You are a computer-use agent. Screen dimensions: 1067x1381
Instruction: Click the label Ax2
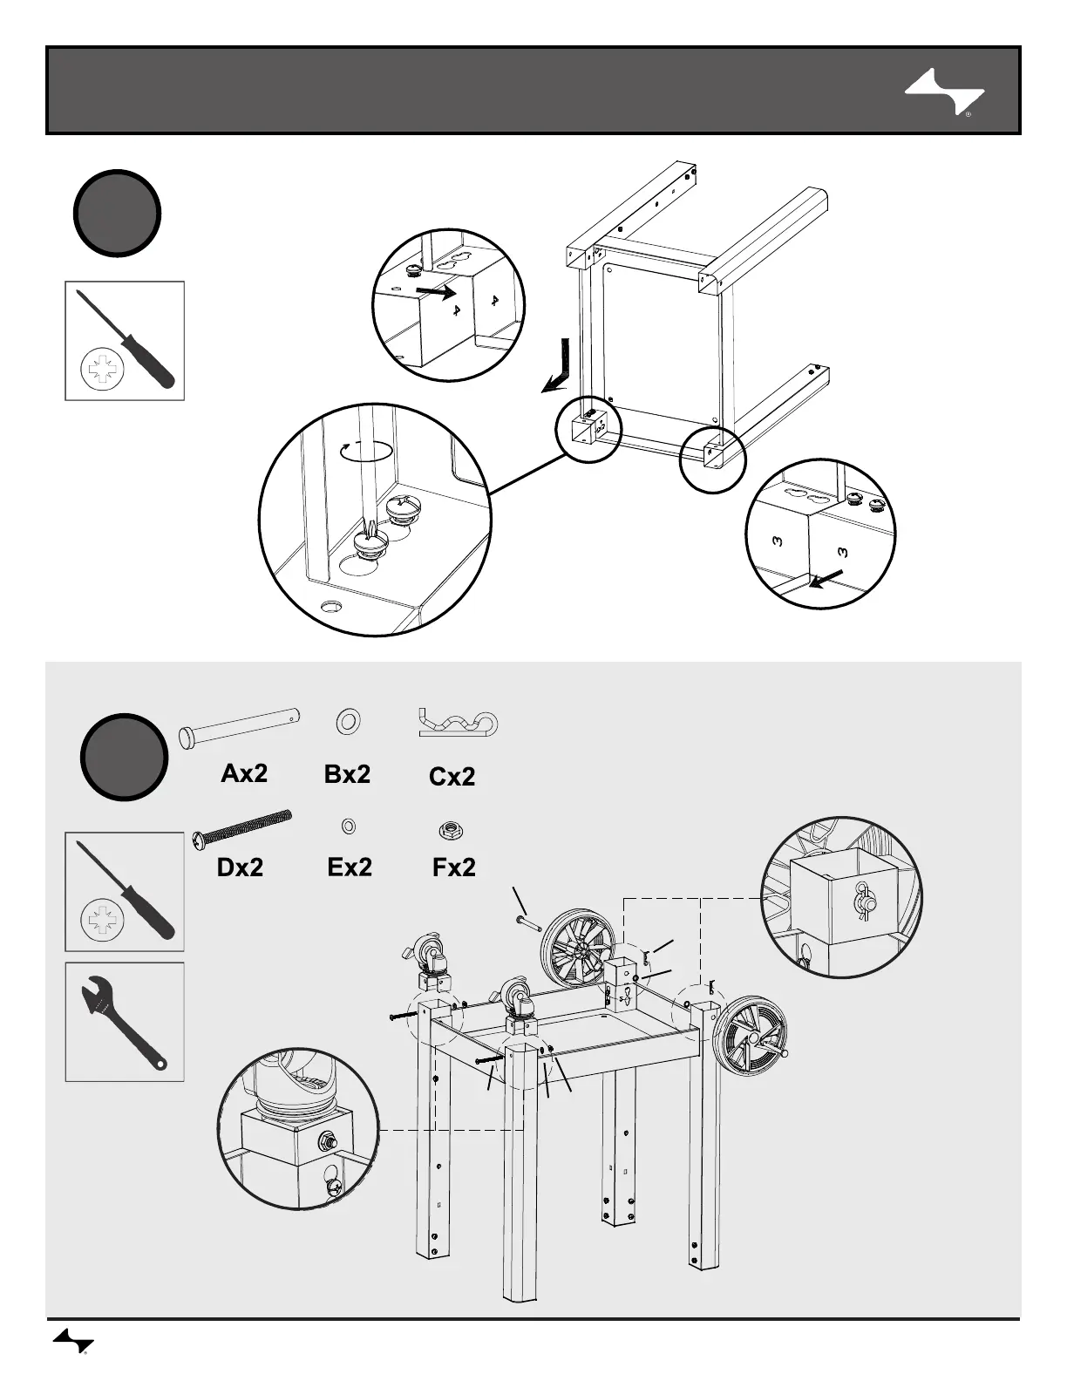[x=244, y=773]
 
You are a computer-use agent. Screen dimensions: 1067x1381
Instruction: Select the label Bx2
[x=347, y=773]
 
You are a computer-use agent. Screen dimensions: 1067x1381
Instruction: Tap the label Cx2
[x=452, y=776]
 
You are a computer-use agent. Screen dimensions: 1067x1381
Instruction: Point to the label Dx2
[x=240, y=867]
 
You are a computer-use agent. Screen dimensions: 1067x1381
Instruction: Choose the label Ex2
[x=350, y=867]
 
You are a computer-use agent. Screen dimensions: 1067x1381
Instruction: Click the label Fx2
[x=454, y=867]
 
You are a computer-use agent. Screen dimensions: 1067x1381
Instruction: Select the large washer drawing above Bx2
[x=348, y=722]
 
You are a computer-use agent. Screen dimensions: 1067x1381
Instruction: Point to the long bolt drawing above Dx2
[x=241, y=828]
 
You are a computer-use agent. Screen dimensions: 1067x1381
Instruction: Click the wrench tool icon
[x=125, y=1022]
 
